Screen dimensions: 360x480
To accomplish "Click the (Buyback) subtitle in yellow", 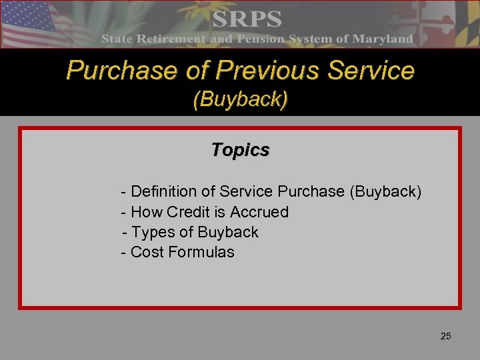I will pyautogui.click(x=240, y=100).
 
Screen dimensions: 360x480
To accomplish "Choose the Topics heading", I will pyautogui.click(x=240, y=150).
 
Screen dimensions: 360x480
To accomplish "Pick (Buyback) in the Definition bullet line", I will pyautogui.click(x=385, y=192).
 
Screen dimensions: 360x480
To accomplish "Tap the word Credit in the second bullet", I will pyautogui.click(x=187, y=212).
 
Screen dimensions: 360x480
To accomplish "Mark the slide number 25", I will pyautogui.click(x=445, y=336).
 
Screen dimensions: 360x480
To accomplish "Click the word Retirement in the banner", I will pyautogui.click(x=170, y=39).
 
